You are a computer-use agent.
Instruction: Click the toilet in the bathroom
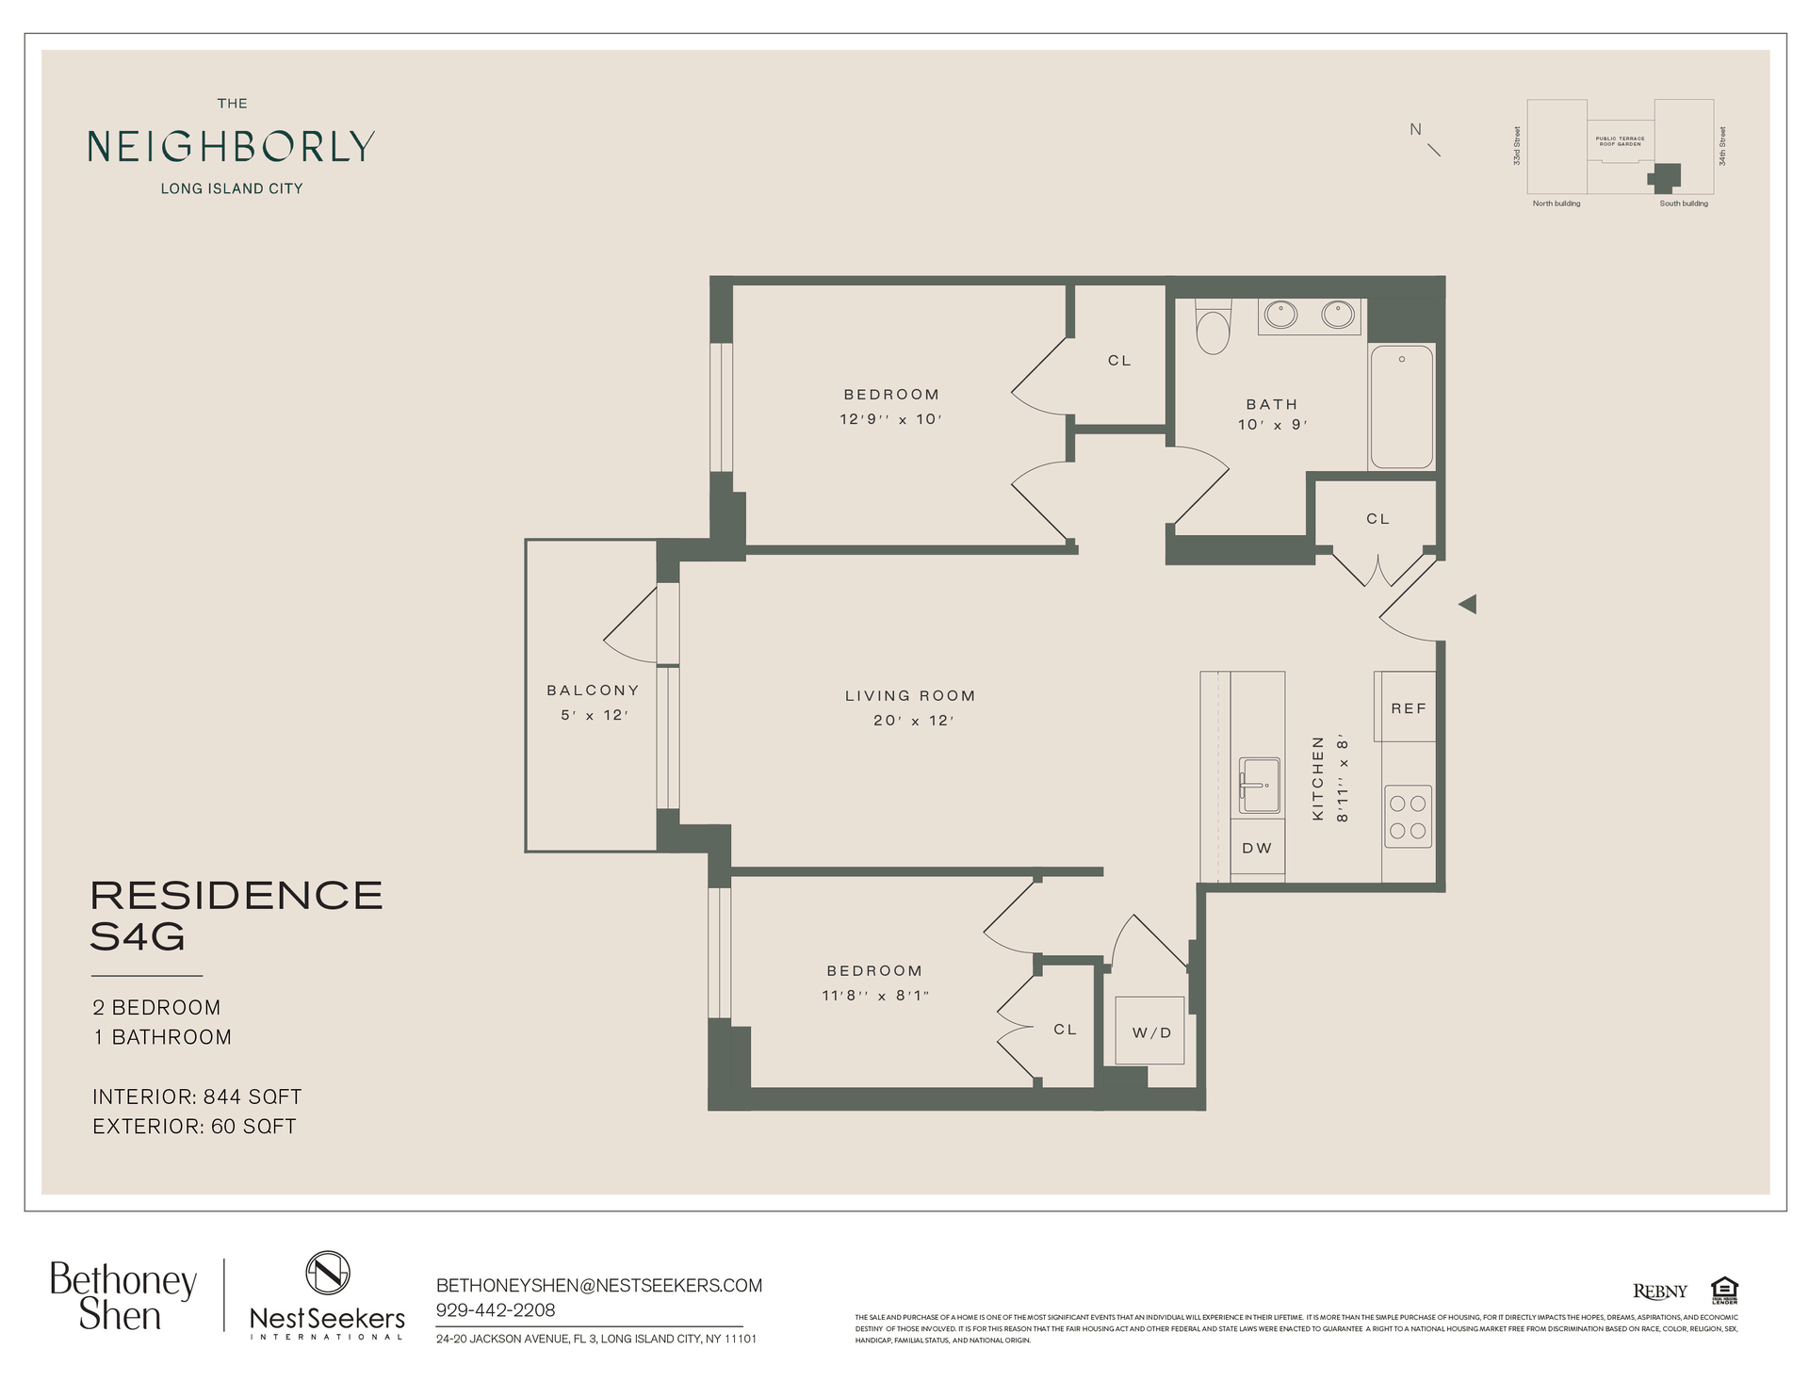(x=1213, y=328)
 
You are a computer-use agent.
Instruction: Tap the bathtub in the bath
(x=1401, y=407)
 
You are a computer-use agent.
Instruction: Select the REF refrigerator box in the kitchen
(x=1408, y=707)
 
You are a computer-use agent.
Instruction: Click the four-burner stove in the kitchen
(x=1408, y=817)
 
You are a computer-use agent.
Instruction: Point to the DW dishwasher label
(x=1257, y=848)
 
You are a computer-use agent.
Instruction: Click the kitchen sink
(x=1259, y=785)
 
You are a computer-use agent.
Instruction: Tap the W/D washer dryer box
(x=1149, y=1031)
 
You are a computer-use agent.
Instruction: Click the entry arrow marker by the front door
(x=1467, y=604)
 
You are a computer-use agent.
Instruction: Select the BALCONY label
(x=593, y=690)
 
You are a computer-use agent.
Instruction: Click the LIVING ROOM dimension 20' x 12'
(x=913, y=721)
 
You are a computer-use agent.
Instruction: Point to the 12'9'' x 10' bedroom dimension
(x=890, y=419)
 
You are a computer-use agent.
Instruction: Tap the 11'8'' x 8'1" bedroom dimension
(x=875, y=995)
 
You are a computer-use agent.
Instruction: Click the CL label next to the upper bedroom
(x=1119, y=361)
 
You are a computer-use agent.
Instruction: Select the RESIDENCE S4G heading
(x=236, y=916)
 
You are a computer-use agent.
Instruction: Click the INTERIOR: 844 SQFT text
(x=197, y=1096)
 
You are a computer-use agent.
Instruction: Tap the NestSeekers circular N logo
(x=327, y=1273)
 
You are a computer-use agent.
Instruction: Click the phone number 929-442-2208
(x=496, y=1310)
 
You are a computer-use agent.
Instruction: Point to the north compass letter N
(x=1415, y=130)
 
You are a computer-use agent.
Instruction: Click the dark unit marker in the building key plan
(x=1667, y=175)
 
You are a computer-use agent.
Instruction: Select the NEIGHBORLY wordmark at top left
(x=232, y=146)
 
